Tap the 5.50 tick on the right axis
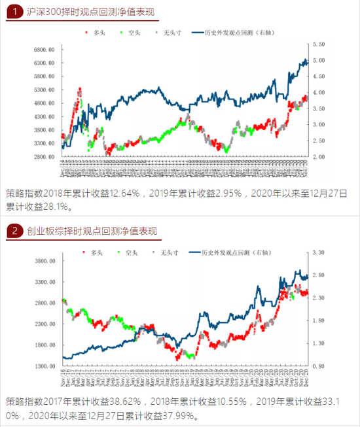click(x=321, y=44)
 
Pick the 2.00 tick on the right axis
click(x=321, y=157)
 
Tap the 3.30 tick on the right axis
click(x=320, y=252)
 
